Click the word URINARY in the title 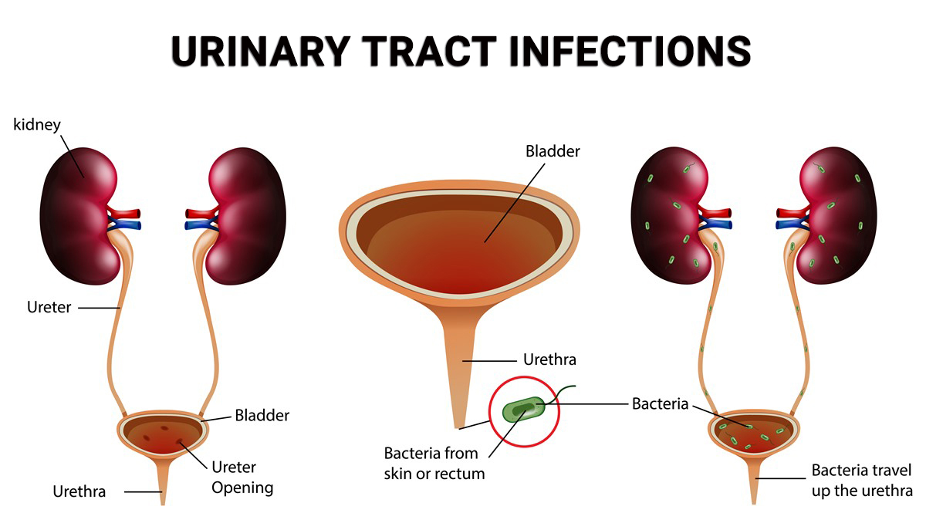[261, 51]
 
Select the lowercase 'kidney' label [37, 124]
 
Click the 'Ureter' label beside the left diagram [49, 307]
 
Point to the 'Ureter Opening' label [242, 478]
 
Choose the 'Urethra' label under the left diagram [79, 491]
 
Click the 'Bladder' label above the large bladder [553, 151]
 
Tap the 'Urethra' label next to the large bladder [549, 359]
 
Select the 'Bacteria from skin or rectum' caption [434, 464]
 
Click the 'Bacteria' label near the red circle [661, 404]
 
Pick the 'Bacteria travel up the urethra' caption [862, 481]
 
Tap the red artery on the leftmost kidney [125, 214]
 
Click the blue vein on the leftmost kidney [126, 225]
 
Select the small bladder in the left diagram [163, 434]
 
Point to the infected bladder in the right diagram [754, 433]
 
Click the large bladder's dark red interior [459, 244]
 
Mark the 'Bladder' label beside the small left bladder [262, 416]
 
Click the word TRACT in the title [430, 51]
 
